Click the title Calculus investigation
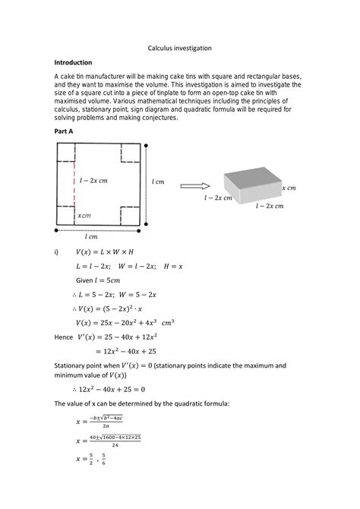(179, 48)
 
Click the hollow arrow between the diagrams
(194, 185)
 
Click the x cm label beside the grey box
(289, 187)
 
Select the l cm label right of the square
(158, 182)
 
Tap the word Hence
(64, 337)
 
